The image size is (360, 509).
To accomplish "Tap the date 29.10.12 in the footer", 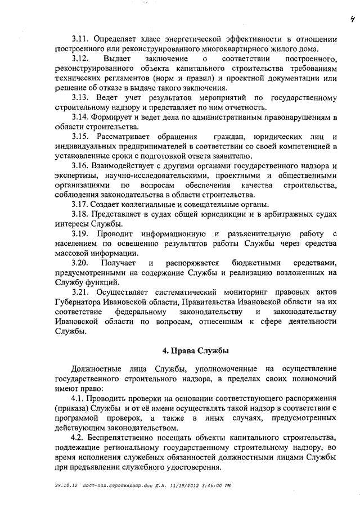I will [65, 485].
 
